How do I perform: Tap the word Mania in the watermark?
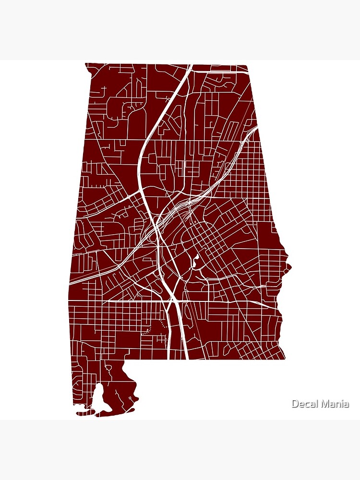tap(335, 404)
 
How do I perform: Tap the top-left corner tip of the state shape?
tap(86, 63)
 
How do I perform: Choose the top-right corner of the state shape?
tap(247, 65)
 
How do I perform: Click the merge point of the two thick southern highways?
tap(173, 300)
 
